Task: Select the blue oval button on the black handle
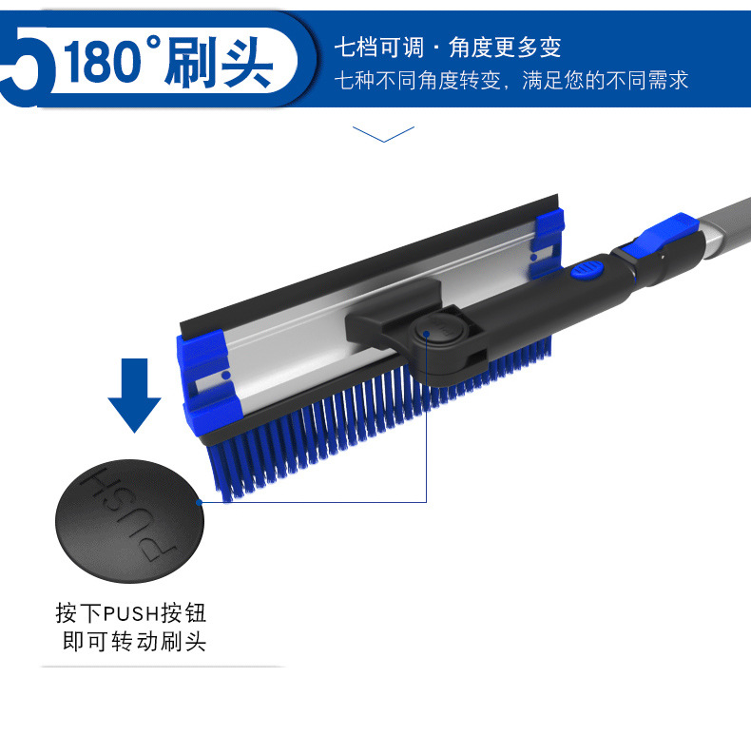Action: (x=587, y=270)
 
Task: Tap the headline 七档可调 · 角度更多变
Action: (x=447, y=47)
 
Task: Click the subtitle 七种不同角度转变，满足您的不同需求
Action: (x=510, y=80)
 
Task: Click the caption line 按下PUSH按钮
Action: (x=131, y=611)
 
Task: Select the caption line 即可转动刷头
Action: (x=133, y=642)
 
